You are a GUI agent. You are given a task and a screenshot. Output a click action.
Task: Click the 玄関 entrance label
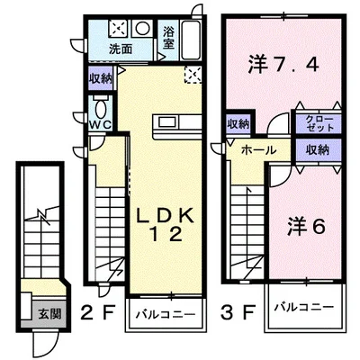[49, 314]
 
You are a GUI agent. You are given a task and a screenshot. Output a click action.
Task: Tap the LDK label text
[166, 216]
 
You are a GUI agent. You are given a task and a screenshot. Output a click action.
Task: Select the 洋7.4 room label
[283, 64]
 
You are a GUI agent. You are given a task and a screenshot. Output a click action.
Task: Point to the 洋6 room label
[307, 227]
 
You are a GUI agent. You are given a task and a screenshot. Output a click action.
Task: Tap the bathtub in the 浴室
[192, 40]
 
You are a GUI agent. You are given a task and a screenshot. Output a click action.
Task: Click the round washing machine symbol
[142, 29]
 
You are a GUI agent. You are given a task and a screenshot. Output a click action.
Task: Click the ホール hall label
[258, 149]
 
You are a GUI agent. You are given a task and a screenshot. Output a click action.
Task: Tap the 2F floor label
[98, 312]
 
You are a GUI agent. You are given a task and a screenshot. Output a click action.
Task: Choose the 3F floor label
[238, 312]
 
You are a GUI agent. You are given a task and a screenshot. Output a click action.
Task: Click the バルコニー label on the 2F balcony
[166, 315]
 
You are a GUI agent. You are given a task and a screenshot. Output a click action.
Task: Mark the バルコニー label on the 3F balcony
[304, 307]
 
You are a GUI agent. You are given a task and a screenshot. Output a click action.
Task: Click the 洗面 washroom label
[121, 49]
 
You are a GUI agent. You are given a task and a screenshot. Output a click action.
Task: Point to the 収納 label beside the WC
[101, 78]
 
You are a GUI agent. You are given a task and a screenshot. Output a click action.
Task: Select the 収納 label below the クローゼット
[318, 149]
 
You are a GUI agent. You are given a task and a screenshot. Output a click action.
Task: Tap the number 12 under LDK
[166, 234]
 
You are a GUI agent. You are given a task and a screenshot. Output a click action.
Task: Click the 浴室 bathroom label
[168, 39]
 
